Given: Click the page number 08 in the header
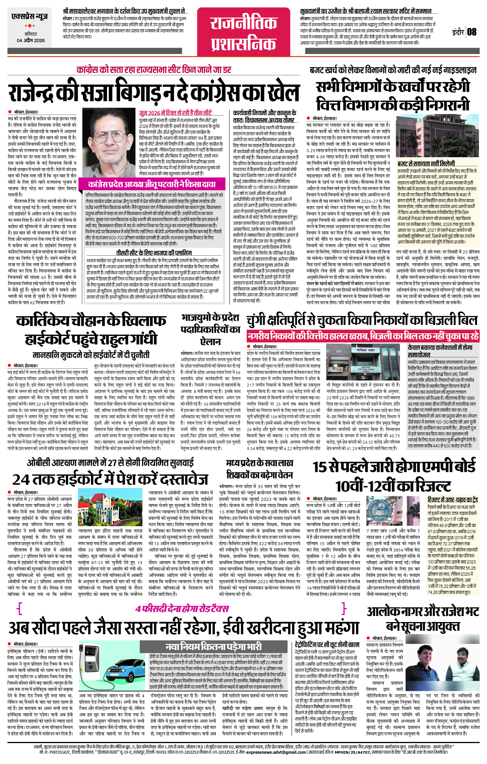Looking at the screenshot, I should click(472, 32).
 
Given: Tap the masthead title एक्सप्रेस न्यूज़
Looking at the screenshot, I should click(29, 17).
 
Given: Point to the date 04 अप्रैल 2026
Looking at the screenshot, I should click(30, 40).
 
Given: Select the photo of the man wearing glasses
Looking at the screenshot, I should click(108, 144).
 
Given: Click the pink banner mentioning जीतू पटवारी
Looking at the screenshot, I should click(152, 185).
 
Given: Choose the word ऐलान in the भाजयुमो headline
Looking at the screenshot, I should click(211, 341).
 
